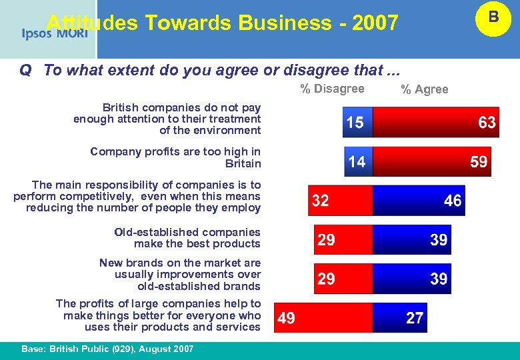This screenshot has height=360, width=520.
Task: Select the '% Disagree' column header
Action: pos(332,89)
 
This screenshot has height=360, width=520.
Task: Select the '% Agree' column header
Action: pos(424,89)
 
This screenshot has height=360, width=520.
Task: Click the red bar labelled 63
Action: pos(436,123)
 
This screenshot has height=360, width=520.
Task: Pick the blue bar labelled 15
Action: pos(357,123)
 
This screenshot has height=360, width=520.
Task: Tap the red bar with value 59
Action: pos(431,161)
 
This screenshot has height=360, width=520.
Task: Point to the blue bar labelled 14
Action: pos(358,161)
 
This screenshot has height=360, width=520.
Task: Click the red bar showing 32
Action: pos(340,201)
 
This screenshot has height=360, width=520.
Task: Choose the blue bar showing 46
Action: pos(419,201)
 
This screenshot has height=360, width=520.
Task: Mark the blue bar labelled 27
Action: pos(400,318)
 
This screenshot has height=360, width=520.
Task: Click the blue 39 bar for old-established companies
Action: pos(412,240)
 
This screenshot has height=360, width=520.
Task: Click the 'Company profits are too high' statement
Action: pos(175,157)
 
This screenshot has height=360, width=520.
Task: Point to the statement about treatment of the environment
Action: pos(167,119)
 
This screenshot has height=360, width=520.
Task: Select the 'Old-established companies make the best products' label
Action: pos(187,238)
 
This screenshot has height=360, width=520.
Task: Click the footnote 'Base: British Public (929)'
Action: pos(107,349)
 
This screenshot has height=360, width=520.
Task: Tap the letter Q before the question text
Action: pos(25,71)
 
